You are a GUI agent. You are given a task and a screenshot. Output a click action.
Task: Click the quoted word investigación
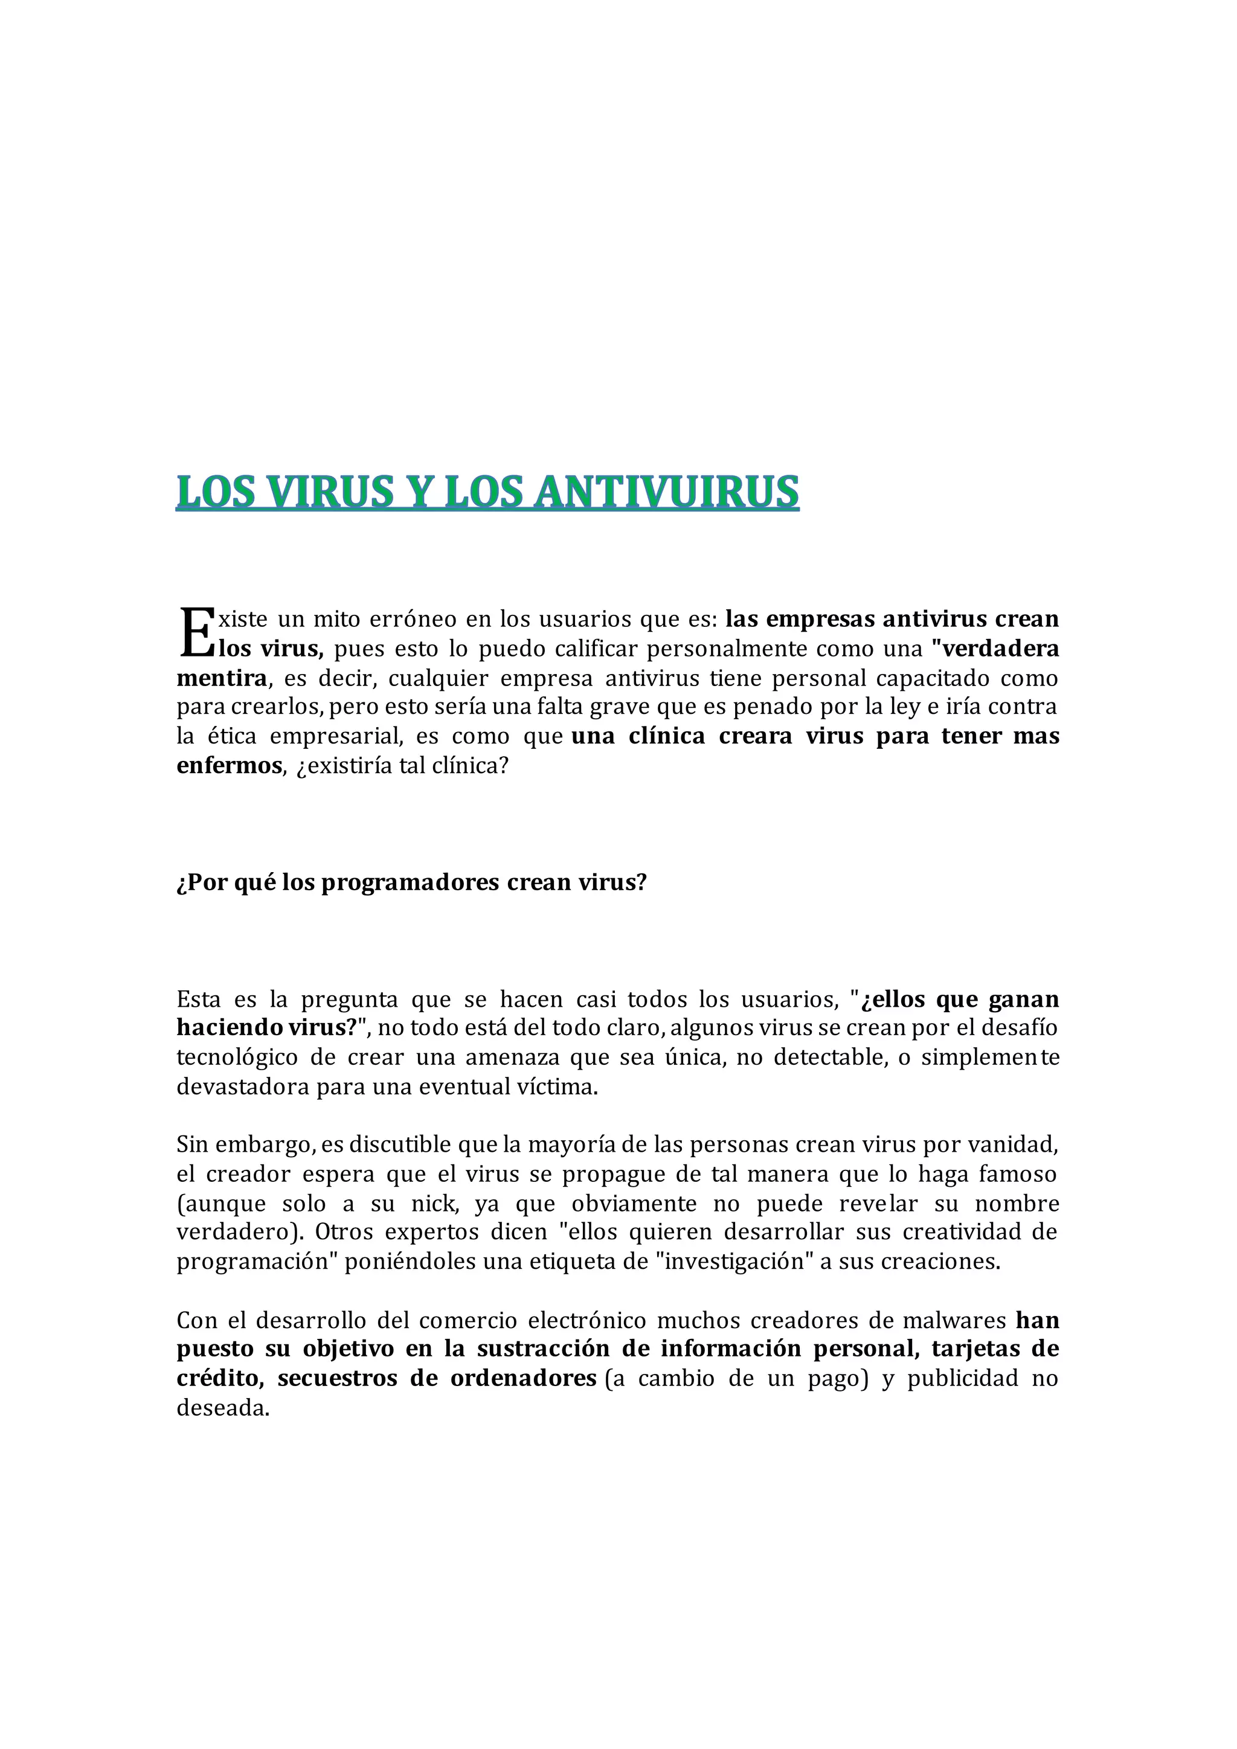point(735,1262)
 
